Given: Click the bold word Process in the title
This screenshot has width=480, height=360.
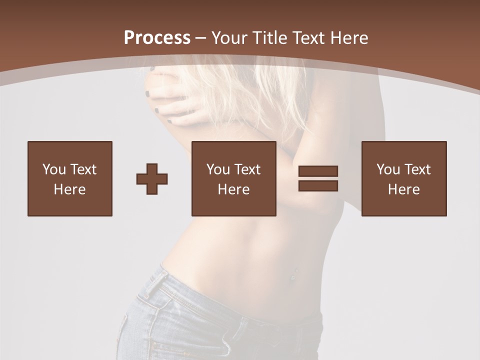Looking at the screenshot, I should pos(157,37).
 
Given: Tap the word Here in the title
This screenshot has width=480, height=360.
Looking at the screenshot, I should pos(349,38).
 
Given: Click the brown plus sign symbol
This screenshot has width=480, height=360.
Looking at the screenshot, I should pos(152,179).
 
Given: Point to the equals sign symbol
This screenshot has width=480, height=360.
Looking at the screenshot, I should pos(318,178).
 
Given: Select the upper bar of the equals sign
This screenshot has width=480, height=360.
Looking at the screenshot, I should pos(318,171).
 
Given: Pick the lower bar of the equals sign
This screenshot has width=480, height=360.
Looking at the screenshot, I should pos(318,185).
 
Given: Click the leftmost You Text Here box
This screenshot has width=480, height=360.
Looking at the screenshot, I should pos(70,178).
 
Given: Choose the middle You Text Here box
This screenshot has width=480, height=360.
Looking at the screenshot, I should pos(234,178).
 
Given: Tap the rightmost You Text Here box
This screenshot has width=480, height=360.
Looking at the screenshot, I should pos(404,178).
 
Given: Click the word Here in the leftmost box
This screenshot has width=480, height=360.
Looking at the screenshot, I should pos(70,189).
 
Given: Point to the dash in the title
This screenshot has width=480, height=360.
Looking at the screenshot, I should pos(200,38).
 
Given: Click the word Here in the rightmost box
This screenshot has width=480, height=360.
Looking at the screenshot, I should pos(404,189).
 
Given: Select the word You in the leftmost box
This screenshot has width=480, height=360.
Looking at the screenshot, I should pos(53,169).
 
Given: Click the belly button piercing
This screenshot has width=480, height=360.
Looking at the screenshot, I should pos(293,274).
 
